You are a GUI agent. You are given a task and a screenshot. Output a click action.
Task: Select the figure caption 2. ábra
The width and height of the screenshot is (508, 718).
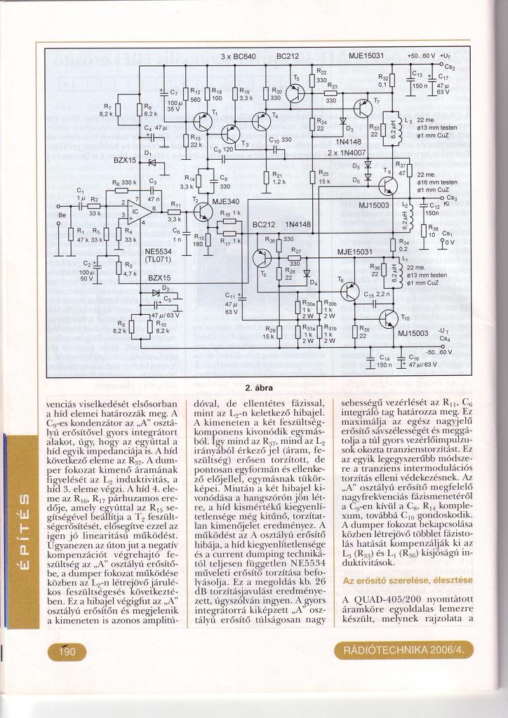tap(258, 388)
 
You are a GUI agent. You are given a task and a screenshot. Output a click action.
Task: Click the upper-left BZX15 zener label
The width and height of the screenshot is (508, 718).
tap(125, 161)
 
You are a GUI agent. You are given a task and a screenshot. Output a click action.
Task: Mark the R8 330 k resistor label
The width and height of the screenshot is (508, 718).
tap(123, 182)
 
